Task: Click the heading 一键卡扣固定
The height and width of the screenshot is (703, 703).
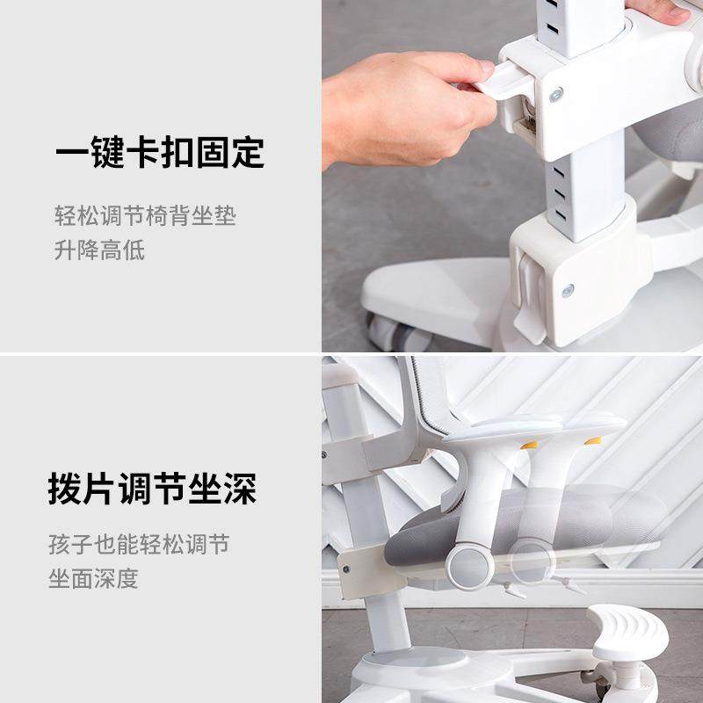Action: pyautogui.click(x=160, y=153)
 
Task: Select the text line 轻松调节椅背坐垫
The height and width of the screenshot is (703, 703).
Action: pyautogui.click(x=145, y=216)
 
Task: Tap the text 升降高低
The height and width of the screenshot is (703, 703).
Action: pyautogui.click(x=99, y=250)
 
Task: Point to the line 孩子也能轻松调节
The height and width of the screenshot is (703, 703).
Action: pyautogui.click(x=139, y=546)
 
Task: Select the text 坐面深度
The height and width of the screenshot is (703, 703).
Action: pyautogui.click(x=93, y=580)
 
